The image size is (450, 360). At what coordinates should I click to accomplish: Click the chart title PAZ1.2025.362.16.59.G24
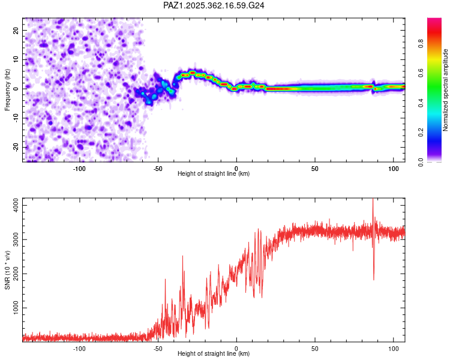(214, 5)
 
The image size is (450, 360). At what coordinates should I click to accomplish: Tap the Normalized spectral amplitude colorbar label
(446, 90)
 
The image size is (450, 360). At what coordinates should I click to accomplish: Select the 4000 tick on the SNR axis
(13, 205)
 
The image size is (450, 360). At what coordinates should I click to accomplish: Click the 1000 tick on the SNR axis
(13, 308)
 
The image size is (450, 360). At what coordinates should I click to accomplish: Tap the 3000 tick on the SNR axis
(13, 239)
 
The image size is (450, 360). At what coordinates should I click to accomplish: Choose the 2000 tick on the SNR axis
(13, 274)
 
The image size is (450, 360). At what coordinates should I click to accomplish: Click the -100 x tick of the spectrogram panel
(79, 167)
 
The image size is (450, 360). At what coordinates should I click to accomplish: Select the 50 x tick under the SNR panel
(315, 348)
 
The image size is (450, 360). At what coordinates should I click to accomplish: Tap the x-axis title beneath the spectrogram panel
(214, 173)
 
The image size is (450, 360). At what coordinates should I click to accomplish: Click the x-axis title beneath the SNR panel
(214, 354)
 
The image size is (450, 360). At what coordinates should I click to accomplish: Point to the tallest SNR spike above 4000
(373, 200)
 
